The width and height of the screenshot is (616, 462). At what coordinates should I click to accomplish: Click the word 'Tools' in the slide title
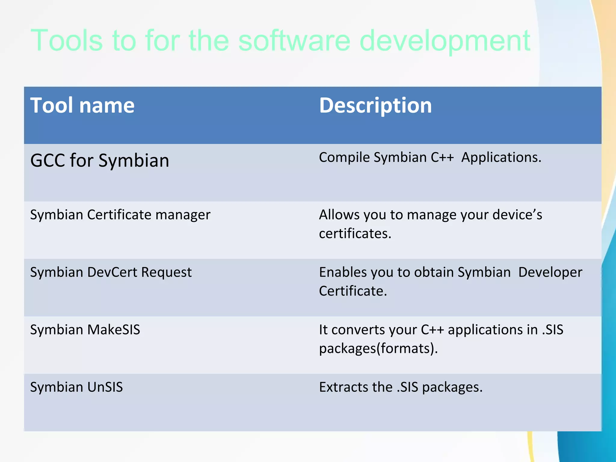[x=66, y=40]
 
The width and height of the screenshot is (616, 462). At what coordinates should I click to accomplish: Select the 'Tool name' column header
[x=82, y=106]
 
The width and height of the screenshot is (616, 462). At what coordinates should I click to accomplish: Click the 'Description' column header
[x=375, y=106]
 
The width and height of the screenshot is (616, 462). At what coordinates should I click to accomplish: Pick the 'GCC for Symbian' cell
[x=100, y=160]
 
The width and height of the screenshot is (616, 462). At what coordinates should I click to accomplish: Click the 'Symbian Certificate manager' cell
[x=120, y=215]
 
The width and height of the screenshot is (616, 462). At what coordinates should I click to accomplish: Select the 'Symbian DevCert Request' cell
[x=111, y=272]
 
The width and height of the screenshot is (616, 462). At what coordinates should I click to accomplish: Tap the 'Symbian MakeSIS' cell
[x=85, y=330]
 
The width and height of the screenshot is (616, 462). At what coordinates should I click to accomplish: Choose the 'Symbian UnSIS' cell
[x=76, y=387]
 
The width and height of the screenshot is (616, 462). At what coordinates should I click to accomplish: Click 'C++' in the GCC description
[x=442, y=157]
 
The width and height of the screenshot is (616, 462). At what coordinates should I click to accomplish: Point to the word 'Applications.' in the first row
[x=501, y=157]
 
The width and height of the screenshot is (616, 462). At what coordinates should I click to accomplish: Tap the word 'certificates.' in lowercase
[x=355, y=234]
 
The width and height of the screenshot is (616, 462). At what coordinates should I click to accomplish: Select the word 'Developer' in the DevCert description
[x=550, y=272]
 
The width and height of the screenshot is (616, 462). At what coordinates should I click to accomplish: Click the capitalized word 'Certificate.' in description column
[x=353, y=291]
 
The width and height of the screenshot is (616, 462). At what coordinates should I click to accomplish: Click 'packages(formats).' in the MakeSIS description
[x=378, y=349]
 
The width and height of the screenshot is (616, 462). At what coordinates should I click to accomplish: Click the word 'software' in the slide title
[x=294, y=40]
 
